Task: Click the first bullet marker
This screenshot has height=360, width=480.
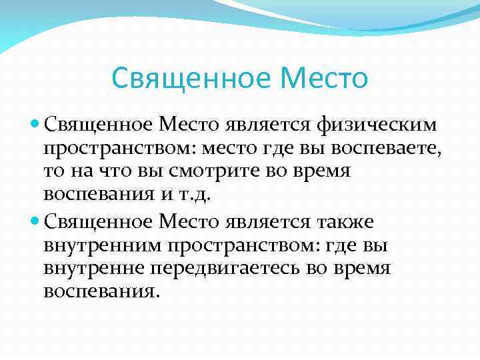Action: [35, 123]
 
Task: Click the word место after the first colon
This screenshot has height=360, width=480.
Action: [229, 148]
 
